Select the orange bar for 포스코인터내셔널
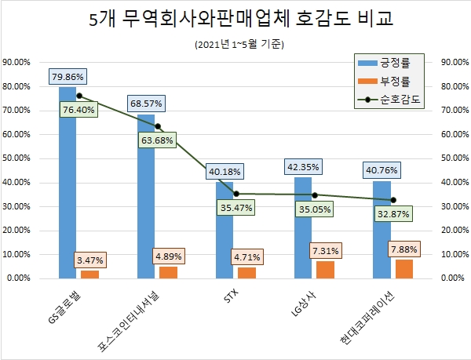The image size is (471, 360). point(169,272)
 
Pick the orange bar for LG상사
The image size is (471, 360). point(326,269)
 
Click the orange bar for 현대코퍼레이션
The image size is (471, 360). point(404,268)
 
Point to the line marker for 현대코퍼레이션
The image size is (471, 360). point(393,200)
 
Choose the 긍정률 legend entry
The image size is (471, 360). point(390,63)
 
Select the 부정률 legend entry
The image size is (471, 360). point(390,81)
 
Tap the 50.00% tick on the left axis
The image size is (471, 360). point(17,158)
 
